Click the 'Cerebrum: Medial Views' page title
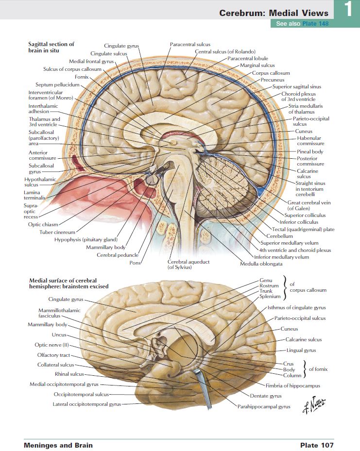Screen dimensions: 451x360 pos(274,13)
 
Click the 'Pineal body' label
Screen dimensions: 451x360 pos(310,151)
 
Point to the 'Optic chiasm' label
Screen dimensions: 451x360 pos(43,224)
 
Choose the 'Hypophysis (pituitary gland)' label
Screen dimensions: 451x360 pos(86,239)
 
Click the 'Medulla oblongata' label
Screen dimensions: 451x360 pos(261,264)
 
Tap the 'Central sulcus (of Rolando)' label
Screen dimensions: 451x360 pos(225,51)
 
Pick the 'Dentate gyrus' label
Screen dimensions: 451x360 pos(266,396)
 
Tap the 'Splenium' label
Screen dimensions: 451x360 pos(270,296)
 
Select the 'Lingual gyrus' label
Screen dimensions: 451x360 pos(301,350)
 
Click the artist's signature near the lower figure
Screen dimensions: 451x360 pos(314,402)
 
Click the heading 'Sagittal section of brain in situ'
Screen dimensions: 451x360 pos(51,47)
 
